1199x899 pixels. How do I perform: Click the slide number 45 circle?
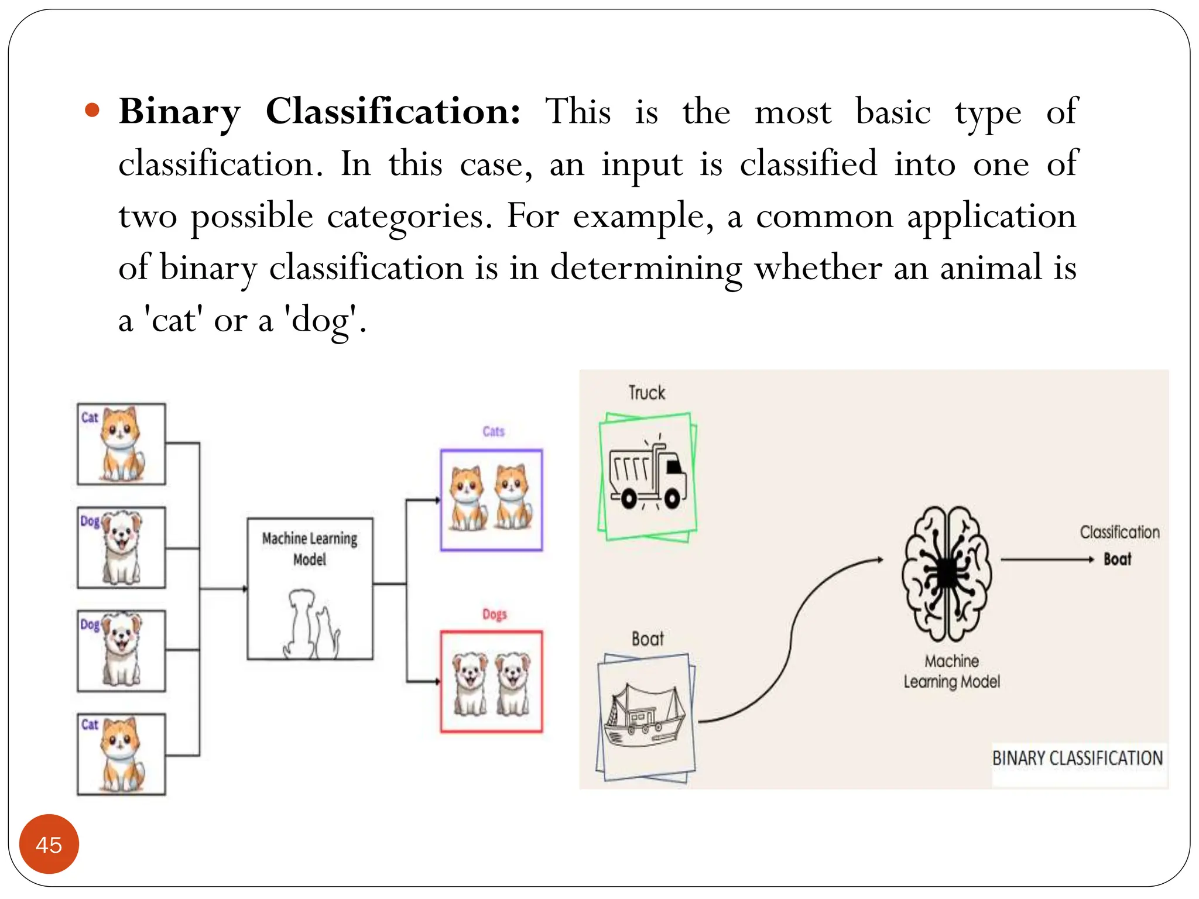pos(49,844)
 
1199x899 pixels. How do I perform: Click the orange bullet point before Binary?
pos(93,111)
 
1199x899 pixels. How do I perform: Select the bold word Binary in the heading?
pos(180,111)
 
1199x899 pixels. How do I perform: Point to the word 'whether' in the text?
pos(818,268)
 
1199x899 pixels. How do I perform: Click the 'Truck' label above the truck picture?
pos(646,392)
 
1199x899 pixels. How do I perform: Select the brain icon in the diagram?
pos(946,574)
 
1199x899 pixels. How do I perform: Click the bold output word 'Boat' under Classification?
pos(1117,559)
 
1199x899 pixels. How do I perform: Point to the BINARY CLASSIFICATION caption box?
pos(1077,759)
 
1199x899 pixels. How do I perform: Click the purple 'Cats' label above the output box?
pos(493,431)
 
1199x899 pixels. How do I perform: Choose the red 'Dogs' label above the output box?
pos(494,614)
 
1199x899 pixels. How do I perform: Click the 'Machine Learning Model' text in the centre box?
pos(309,548)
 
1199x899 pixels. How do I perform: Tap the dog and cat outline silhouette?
pos(310,625)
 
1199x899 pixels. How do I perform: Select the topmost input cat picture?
pos(121,444)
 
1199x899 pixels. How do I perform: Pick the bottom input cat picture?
pos(121,754)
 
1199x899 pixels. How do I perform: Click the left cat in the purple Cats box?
pos(468,499)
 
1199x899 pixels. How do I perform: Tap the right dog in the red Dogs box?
pos(513,683)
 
